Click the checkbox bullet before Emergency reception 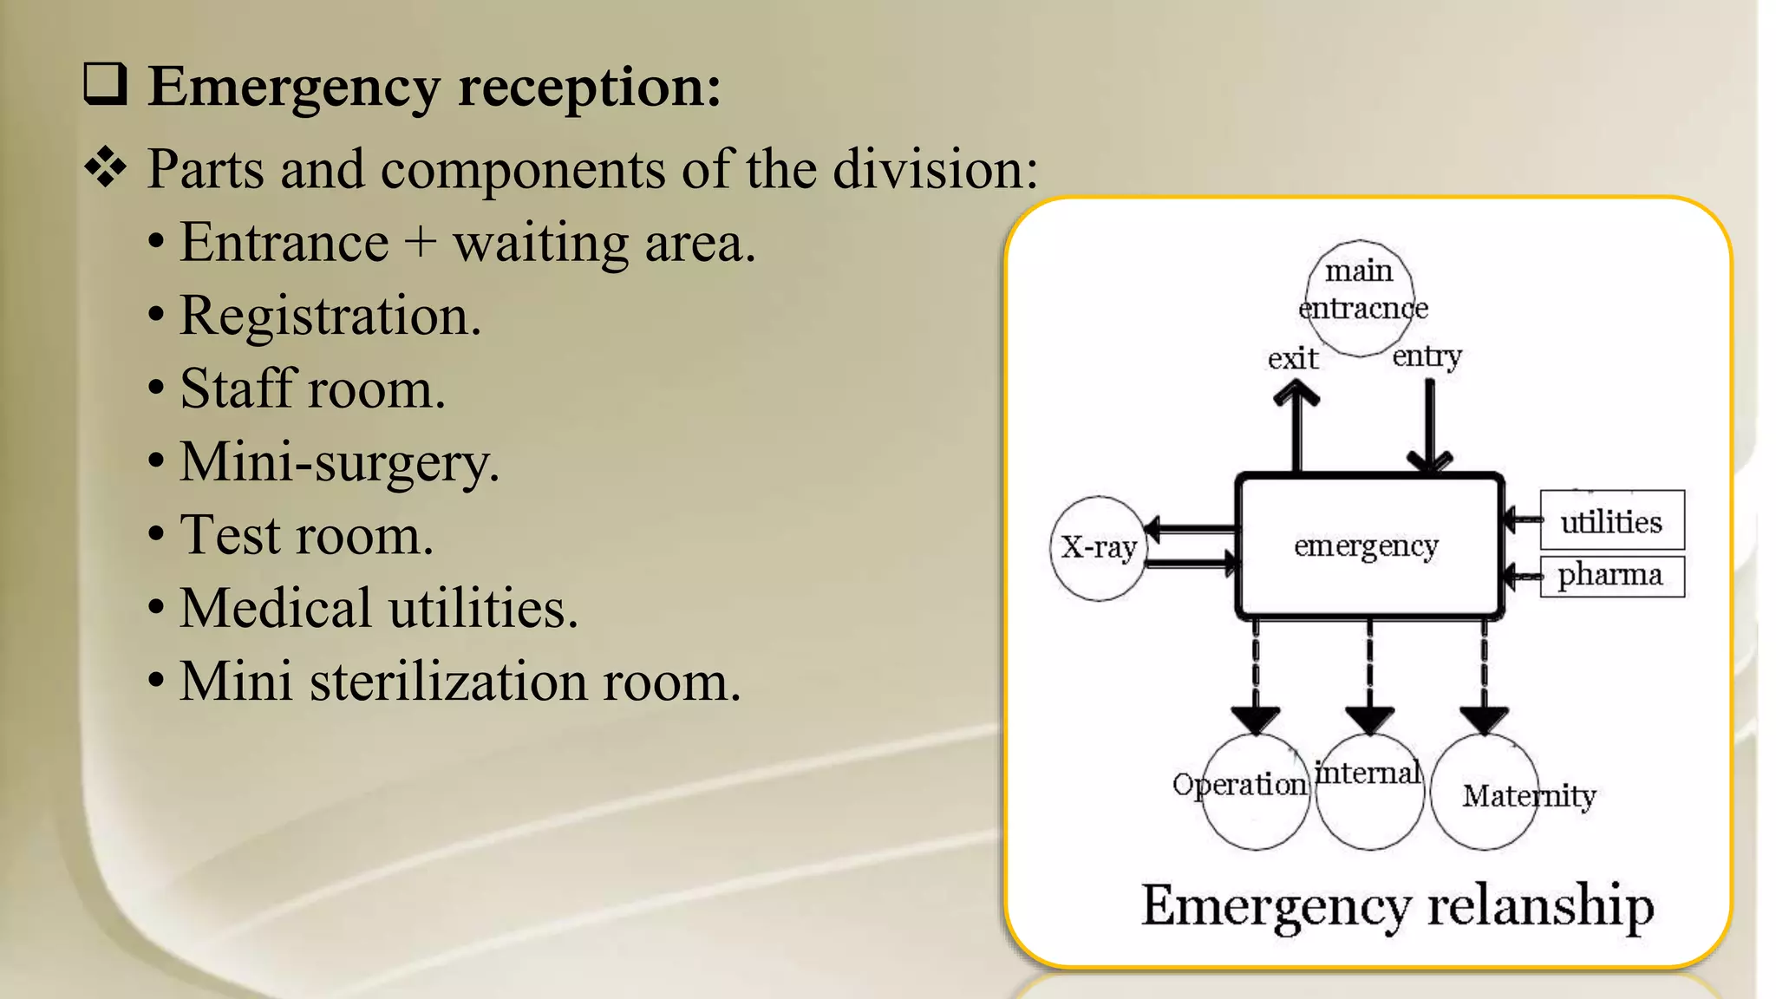point(106,85)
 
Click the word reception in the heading point(589,87)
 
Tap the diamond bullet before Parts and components point(106,166)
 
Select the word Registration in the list point(330,316)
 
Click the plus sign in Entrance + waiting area point(420,242)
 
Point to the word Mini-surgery point(339,462)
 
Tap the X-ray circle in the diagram point(1098,548)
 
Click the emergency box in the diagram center point(1368,546)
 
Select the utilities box point(1611,521)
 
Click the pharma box point(1611,575)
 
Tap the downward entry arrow point(1429,425)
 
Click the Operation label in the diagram point(1239,785)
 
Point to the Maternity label point(1529,796)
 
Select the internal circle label point(1368,773)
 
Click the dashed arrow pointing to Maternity point(1484,676)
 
